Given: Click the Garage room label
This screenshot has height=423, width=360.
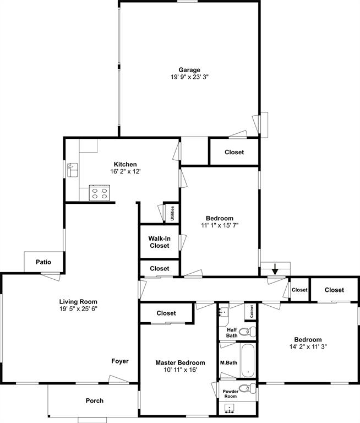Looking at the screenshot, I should [x=189, y=70].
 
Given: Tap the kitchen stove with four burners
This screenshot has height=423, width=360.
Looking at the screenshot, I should [x=99, y=193].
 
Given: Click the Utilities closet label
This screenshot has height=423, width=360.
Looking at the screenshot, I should [x=172, y=213].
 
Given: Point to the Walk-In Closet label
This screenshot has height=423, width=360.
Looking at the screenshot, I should [x=159, y=242].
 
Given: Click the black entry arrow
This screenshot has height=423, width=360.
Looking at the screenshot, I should [x=275, y=269].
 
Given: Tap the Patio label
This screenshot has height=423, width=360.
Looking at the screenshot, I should [x=43, y=262].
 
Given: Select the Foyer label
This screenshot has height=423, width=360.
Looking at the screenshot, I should [x=120, y=361].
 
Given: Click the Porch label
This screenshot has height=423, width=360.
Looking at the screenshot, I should [x=94, y=400].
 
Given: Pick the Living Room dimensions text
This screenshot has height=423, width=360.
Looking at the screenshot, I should [x=78, y=309].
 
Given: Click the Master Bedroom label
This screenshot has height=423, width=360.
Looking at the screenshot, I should [x=180, y=362].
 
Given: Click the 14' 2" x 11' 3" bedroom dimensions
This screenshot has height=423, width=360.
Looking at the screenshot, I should [x=308, y=347].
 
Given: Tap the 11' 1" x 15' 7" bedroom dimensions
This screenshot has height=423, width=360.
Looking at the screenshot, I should [x=219, y=225].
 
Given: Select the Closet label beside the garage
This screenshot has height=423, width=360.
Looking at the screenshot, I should [x=234, y=152].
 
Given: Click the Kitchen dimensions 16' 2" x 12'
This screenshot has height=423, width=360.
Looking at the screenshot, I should [x=125, y=171].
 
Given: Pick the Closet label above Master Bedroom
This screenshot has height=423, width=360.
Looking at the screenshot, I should [x=166, y=313].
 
